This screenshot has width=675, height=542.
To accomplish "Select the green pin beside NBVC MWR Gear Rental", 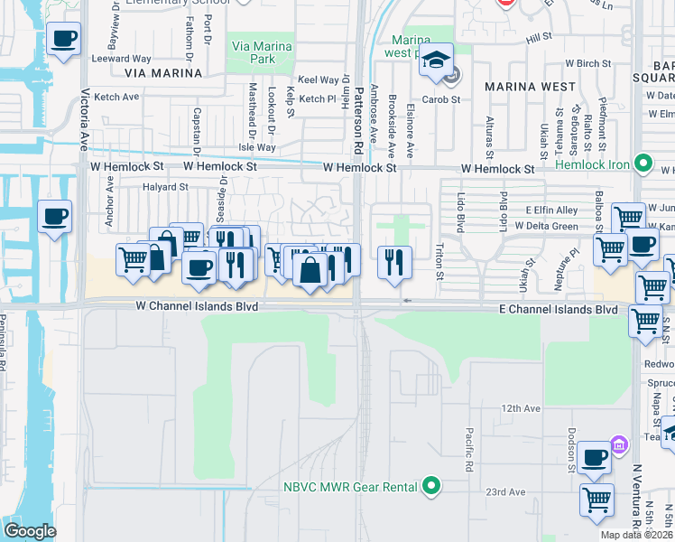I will (x=432, y=486).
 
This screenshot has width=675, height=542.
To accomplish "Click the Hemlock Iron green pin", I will (x=643, y=164).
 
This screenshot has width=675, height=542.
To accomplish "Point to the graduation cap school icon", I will (x=437, y=60).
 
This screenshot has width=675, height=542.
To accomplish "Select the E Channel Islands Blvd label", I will (x=559, y=310).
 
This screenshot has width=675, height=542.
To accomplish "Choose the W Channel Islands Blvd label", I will (x=197, y=307).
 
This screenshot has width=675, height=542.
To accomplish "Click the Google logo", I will (x=30, y=530).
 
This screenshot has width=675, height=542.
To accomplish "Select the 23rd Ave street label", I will (x=505, y=492).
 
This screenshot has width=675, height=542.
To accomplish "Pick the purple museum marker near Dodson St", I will (x=619, y=444).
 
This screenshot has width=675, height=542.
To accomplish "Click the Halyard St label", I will (x=164, y=187).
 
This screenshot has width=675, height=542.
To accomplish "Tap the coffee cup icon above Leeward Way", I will (x=63, y=39).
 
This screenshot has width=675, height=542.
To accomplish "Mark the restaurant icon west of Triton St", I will (x=394, y=260).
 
